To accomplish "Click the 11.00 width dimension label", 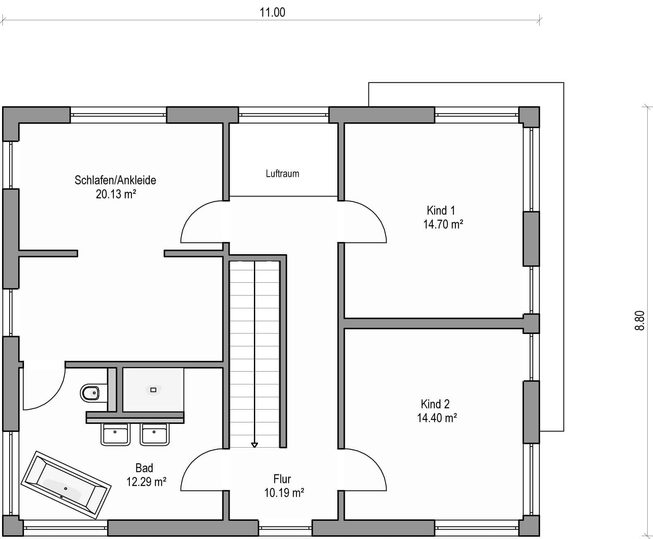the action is click(273, 12).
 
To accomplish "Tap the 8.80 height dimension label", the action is click(640, 320).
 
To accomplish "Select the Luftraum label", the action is click(282, 174).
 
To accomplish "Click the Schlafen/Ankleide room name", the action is click(115, 180).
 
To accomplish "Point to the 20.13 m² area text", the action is click(116, 194).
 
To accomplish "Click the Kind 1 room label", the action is click(441, 210).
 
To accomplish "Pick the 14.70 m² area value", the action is click(443, 224).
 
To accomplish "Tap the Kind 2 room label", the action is click(435, 404).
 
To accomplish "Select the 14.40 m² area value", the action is click(437, 418).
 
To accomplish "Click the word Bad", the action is click(144, 468).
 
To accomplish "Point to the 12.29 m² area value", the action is click(146, 482).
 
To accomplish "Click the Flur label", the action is click(282, 479).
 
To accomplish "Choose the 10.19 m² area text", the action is click(284, 493).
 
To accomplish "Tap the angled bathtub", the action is click(66, 485).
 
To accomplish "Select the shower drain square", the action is click(153, 390).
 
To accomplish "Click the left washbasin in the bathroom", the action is click(115, 434).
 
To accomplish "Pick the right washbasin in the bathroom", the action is click(155, 434).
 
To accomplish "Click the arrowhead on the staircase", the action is click(254, 445).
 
